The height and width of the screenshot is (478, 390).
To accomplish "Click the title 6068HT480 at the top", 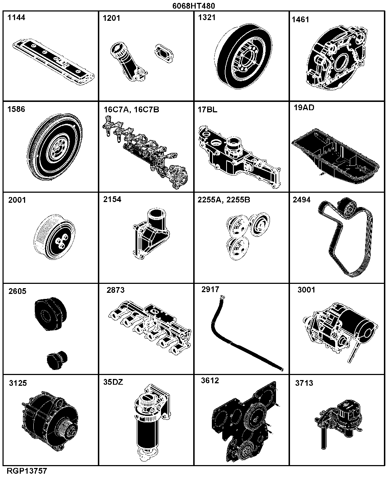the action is (194, 5).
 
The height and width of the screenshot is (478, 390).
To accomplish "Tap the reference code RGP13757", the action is (27, 470).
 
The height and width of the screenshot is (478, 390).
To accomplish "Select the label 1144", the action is (16, 18).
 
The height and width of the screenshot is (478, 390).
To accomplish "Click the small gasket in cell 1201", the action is (164, 53).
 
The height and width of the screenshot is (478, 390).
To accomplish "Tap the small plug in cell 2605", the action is (57, 360).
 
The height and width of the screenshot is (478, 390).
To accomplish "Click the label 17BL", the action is (207, 110).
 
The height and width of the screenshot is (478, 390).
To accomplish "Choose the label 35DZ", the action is (113, 382).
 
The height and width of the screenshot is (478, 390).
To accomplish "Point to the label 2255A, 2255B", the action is (224, 200).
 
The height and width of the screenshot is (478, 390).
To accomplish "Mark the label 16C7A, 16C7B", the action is (131, 110).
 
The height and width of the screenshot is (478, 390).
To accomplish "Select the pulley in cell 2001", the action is (54, 237).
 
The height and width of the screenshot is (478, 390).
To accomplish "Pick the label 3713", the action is (304, 383).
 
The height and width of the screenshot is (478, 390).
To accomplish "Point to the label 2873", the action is (115, 290).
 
